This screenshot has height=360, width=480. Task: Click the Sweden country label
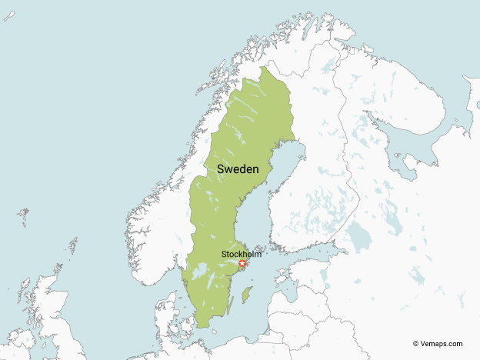237,168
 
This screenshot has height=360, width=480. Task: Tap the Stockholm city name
241,254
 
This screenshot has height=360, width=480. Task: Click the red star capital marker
242,264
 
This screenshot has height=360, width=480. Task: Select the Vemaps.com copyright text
438,344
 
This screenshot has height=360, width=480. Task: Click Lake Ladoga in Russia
358,235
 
